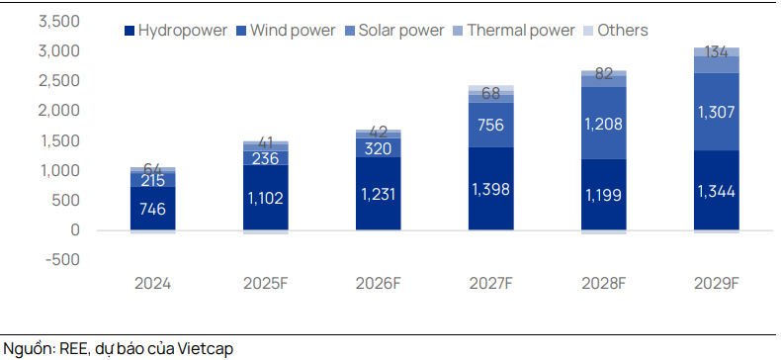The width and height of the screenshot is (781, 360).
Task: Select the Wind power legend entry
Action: click(286, 30)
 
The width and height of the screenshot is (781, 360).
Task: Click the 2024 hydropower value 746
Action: click(152, 208)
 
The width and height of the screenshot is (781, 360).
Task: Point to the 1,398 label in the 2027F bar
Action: click(491, 189)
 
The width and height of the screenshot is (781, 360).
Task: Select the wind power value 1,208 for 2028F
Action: click(604, 125)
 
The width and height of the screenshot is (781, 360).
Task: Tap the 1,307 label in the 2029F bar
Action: click(717, 112)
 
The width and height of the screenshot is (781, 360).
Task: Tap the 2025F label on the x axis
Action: click(266, 283)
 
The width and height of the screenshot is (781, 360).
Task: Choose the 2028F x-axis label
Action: click(604, 283)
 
